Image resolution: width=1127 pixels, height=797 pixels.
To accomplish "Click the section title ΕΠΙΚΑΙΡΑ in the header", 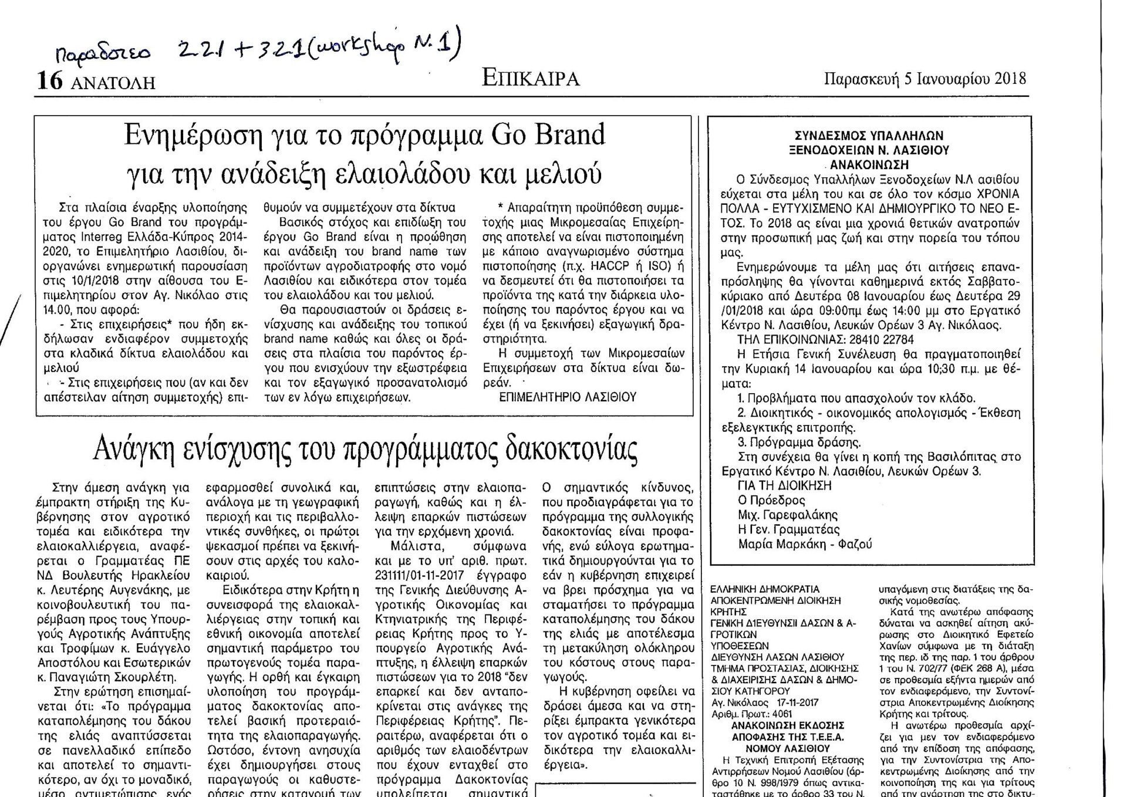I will point(531,77).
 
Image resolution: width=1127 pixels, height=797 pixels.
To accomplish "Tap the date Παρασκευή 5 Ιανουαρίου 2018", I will point(925,79).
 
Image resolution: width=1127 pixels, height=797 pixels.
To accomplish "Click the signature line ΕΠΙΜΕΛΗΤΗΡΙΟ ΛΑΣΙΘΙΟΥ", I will point(568,397).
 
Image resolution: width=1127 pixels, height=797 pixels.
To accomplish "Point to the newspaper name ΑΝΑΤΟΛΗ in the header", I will point(113,83).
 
